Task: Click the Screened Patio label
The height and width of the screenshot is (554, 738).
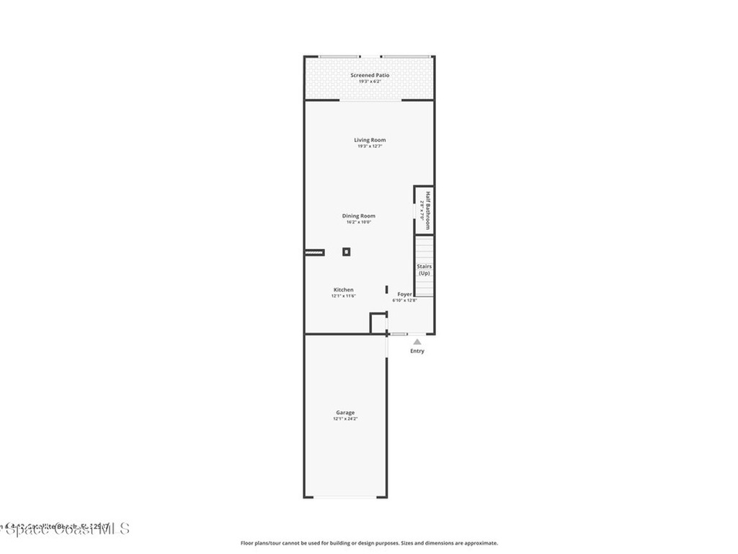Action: [369, 75]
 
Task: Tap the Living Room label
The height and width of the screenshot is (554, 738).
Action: [369, 140]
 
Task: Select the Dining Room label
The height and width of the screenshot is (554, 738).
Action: [358, 216]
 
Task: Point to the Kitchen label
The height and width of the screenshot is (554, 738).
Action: [343, 290]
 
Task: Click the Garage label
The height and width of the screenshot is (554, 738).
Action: [344, 413]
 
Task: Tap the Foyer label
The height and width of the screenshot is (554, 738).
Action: [404, 294]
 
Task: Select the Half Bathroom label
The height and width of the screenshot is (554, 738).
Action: [427, 210]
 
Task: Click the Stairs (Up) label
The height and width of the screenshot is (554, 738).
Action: [424, 270]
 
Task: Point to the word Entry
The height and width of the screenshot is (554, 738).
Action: [417, 351]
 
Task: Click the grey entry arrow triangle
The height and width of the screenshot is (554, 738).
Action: [417, 342]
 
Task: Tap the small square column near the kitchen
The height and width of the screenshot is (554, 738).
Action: [346, 252]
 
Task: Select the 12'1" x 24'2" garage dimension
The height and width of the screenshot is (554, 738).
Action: [344, 419]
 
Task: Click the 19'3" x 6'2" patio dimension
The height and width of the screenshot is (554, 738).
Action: [369, 82]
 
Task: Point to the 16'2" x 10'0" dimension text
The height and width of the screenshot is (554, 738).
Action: [358, 222]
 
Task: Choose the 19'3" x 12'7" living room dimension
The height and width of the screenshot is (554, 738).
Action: [369, 146]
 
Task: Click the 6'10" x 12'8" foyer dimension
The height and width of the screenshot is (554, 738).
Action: [404, 300]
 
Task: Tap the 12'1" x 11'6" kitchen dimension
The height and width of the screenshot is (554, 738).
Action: [343, 296]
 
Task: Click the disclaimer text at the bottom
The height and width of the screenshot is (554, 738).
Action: [368, 543]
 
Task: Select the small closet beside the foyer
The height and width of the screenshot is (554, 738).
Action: [378, 322]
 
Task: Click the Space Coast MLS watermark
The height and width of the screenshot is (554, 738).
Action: [65, 529]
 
